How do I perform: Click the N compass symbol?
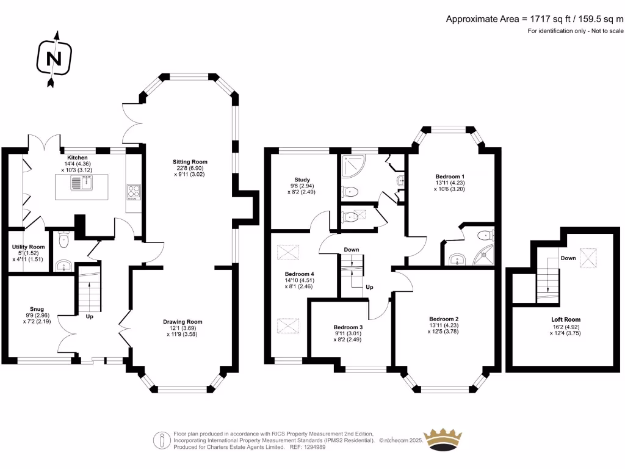point(54,59)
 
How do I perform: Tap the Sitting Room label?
point(190,162)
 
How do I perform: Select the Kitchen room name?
point(78,158)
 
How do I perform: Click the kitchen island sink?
point(82,183)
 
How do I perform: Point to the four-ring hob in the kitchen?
point(134,192)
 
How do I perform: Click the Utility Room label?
point(28,247)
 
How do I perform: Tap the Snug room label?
point(37,309)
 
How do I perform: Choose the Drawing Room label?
point(182,322)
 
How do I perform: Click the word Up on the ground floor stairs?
point(90,317)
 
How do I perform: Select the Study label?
point(302,180)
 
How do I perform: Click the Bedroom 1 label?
point(450,176)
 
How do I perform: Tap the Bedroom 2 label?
point(444,319)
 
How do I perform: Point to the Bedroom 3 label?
point(348,327)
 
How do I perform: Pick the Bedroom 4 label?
point(299,274)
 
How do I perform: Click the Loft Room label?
point(566,319)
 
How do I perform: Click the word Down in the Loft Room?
point(568,258)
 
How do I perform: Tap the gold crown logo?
point(443,440)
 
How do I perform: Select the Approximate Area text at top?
point(535,19)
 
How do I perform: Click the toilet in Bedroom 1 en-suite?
point(485,235)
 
